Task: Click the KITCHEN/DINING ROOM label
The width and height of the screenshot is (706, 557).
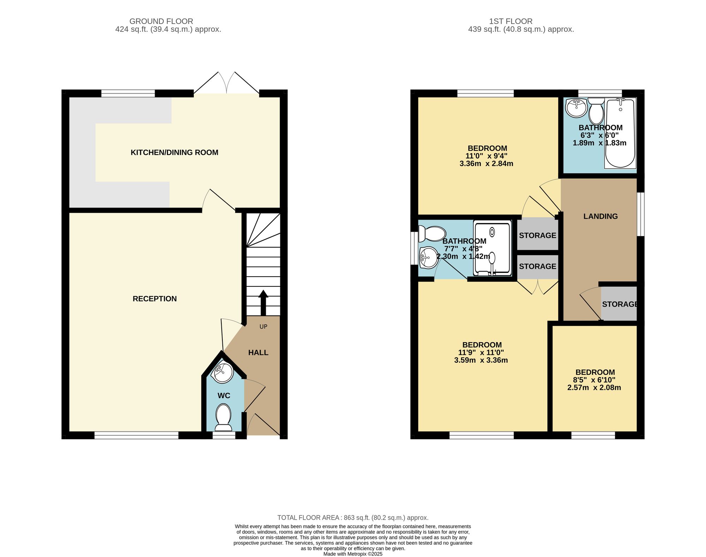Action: click(174, 152)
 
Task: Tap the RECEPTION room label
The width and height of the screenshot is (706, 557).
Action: click(155, 299)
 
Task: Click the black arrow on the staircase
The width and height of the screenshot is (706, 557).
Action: click(263, 303)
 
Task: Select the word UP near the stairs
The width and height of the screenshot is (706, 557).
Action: click(263, 327)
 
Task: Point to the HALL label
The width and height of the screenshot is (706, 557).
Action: click(258, 352)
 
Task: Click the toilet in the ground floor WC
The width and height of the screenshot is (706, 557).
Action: click(223, 418)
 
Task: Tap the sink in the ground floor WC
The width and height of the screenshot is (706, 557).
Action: click(223, 373)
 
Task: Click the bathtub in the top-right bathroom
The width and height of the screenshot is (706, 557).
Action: click(620, 133)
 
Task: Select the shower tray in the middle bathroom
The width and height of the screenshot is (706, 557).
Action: click(492, 248)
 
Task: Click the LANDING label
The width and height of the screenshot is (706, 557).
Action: click(600, 216)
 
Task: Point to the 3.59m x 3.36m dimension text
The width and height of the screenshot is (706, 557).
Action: click(481, 360)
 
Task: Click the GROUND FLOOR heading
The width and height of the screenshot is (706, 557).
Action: click(161, 21)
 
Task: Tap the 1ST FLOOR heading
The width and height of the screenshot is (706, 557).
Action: click(521, 21)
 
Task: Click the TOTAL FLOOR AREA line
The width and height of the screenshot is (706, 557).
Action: click(353, 517)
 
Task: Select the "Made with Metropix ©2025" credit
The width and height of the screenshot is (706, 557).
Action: click(353, 554)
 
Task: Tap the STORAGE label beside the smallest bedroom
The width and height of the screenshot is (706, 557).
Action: click(620, 304)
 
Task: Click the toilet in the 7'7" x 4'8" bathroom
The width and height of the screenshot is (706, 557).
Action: click(432, 234)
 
